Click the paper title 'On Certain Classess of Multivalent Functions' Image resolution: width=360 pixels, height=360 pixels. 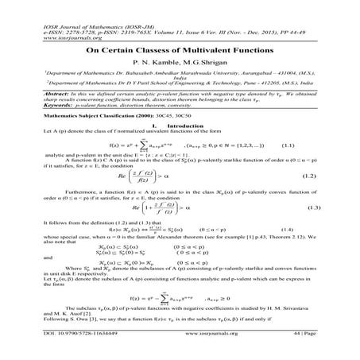(180, 48)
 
